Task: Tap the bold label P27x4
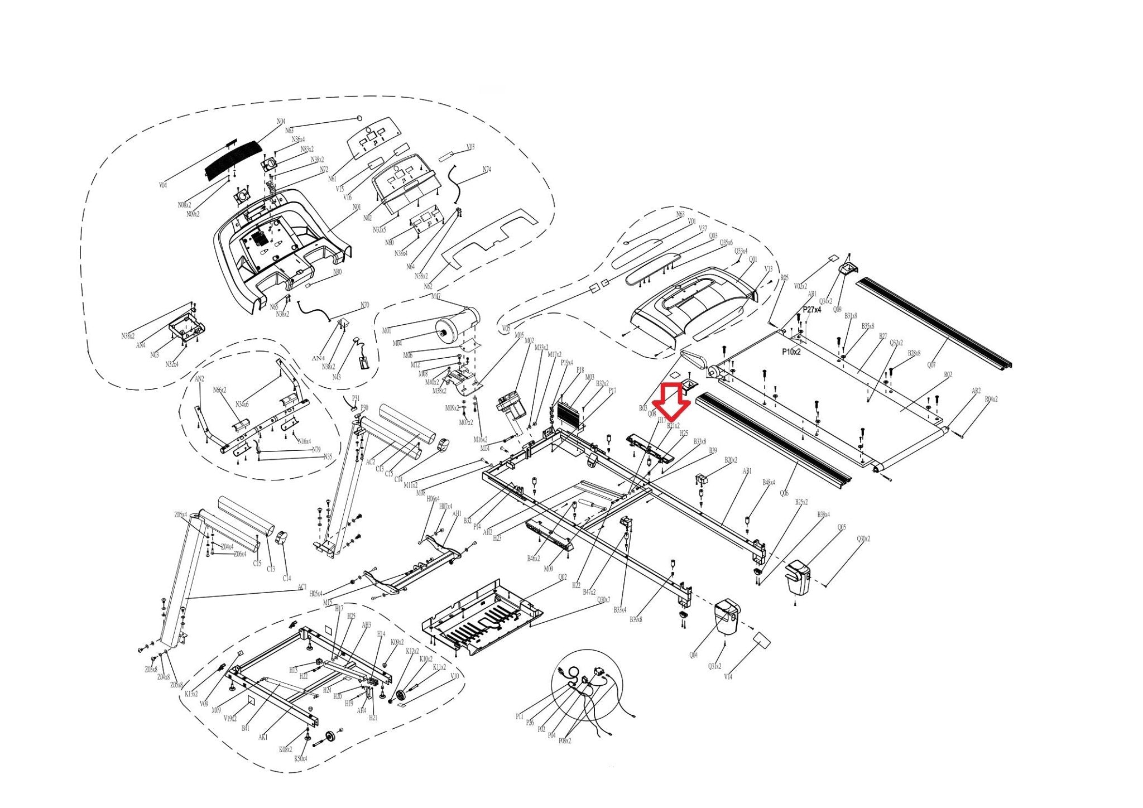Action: pyautogui.click(x=812, y=310)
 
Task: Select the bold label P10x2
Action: pyautogui.click(x=791, y=352)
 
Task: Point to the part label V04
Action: pyautogui.click(x=163, y=185)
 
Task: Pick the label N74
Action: pyautogui.click(x=487, y=170)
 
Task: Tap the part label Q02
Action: pyautogui.click(x=562, y=578)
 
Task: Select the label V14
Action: pyautogui.click(x=728, y=677)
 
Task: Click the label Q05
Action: pyautogui.click(x=841, y=527)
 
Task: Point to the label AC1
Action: pyautogui.click(x=302, y=587)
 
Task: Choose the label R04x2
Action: pyautogui.click(x=991, y=400)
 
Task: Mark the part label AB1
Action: pyautogui.click(x=747, y=472)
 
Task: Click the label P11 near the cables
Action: pyautogui.click(x=520, y=716)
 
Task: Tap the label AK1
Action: pyautogui.click(x=263, y=737)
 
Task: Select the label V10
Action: pyautogui.click(x=454, y=676)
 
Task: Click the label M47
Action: pyautogui.click(x=436, y=296)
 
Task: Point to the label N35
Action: pyautogui.click(x=328, y=456)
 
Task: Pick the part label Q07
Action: pyautogui.click(x=931, y=365)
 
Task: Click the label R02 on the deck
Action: pyautogui.click(x=948, y=375)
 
